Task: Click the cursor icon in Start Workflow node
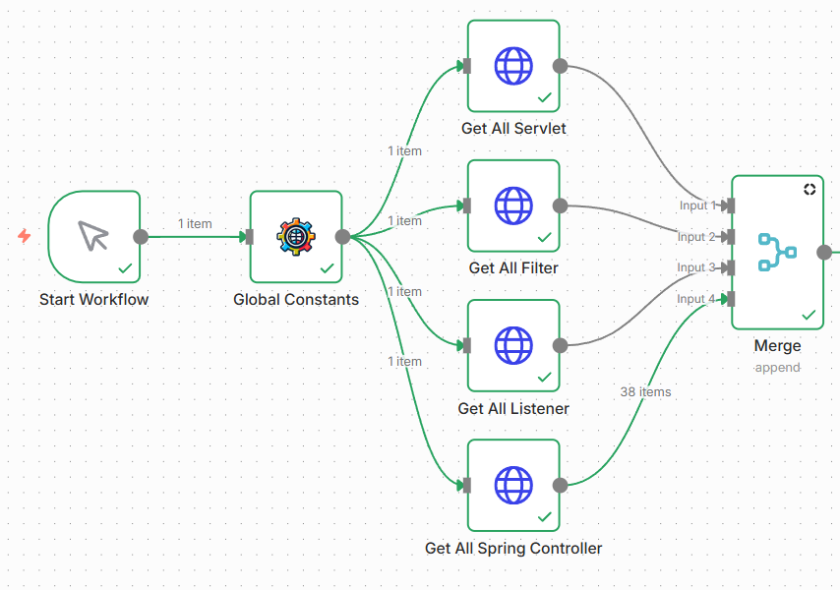93,236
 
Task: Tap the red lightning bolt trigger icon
25,236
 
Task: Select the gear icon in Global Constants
296,237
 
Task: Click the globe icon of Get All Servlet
513,66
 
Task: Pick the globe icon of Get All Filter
513,206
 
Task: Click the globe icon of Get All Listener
513,345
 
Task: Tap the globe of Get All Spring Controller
513,485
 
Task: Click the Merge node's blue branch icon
777,252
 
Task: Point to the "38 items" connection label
645,392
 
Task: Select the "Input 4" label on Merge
695,299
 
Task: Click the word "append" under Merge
777,368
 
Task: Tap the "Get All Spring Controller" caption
513,549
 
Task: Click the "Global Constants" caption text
296,299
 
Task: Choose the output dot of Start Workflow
141,237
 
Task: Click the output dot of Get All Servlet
560,66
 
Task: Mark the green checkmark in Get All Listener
544,377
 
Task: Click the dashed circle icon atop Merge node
810,189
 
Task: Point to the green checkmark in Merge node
809,315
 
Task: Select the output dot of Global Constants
342,237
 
